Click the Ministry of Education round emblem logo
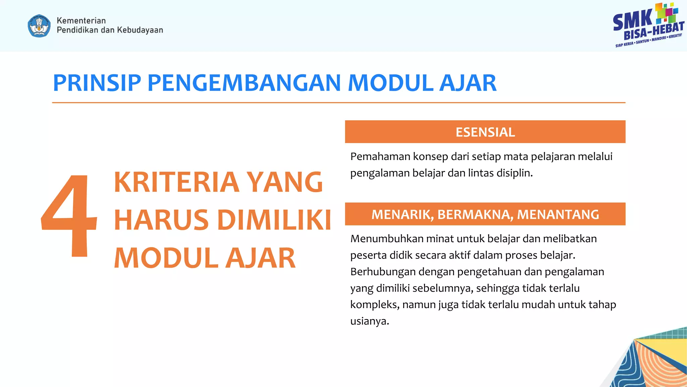pos(39,26)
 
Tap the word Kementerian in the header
pos(81,20)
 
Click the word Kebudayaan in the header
pos(140,30)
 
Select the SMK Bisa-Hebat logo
pos(648,26)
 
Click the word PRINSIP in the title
pos(97,83)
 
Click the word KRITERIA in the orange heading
pos(176,182)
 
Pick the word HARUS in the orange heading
pos(161,220)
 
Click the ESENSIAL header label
pos(485,132)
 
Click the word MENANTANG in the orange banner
pos(558,214)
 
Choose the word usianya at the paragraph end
pos(369,321)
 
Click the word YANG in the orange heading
pos(285,182)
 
